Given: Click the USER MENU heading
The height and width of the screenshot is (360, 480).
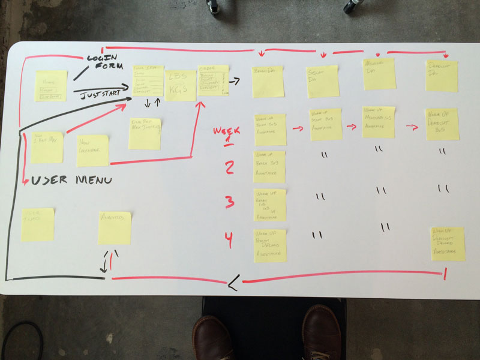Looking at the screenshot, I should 73,179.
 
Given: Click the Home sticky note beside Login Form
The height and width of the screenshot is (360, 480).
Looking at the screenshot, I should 51,86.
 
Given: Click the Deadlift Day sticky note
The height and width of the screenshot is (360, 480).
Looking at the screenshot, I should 442,76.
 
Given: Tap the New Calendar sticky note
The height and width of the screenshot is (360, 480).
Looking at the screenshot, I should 93,150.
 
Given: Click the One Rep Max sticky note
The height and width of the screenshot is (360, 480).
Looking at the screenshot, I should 145,133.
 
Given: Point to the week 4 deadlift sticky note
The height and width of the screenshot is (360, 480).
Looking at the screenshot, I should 448,244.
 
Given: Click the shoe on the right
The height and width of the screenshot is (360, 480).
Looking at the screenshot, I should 321,336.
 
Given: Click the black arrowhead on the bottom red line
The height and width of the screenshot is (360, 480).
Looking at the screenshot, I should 232,282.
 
